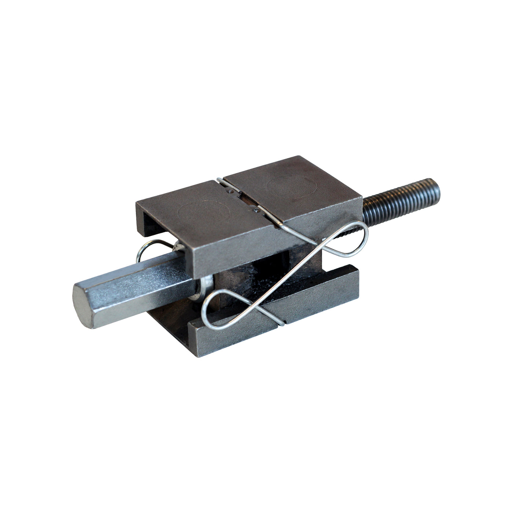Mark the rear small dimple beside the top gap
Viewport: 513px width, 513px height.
point(230,191)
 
